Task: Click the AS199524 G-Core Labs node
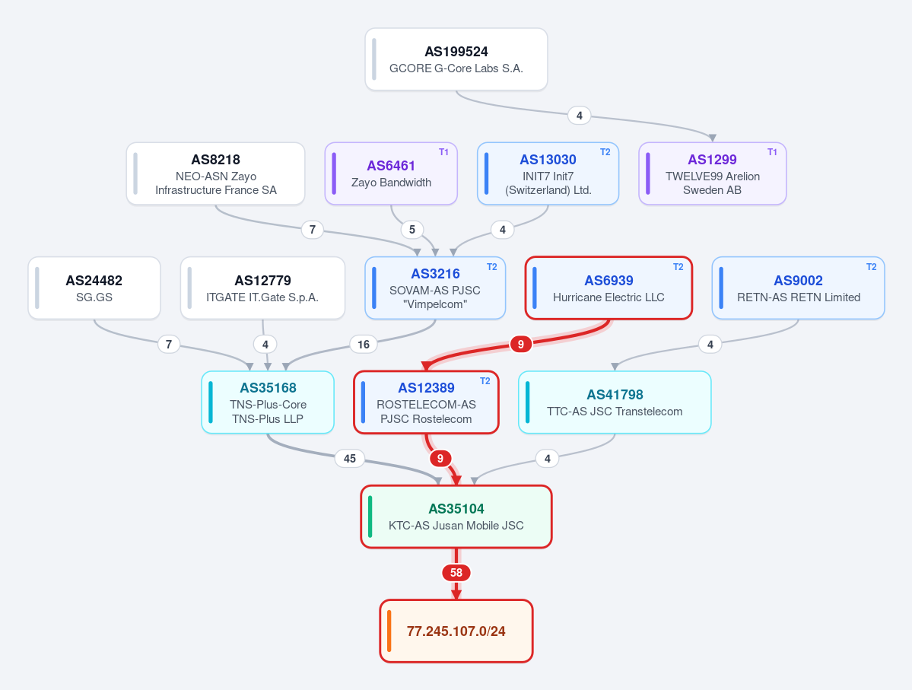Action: [x=456, y=59]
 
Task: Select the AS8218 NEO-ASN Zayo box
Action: [x=216, y=173]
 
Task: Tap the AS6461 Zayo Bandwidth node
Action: [x=391, y=173]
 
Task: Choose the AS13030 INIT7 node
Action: [x=548, y=173]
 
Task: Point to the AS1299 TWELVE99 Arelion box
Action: [x=713, y=173]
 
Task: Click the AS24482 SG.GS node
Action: [x=94, y=288]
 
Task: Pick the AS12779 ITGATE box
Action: [x=263, y=288]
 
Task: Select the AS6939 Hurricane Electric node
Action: [x=609, y=288]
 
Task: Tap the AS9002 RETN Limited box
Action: [x=799, y=288]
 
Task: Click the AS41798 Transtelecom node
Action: [x=615, y=402]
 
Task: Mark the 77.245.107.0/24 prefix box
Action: [x=456, y=631]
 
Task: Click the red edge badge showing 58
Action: [x=456, y=573]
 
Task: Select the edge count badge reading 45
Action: [x=350, y=459]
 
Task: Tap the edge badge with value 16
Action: [x=364, y=345]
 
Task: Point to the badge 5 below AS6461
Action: [x=412, y=230]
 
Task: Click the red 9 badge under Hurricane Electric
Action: [x=520, y=345]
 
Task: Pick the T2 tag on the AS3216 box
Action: [x=492, y=267]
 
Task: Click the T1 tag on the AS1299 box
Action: [x=772, y=152]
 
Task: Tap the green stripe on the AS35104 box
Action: [x=370, y=517]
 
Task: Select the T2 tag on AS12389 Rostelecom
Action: [x=485, y=381]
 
